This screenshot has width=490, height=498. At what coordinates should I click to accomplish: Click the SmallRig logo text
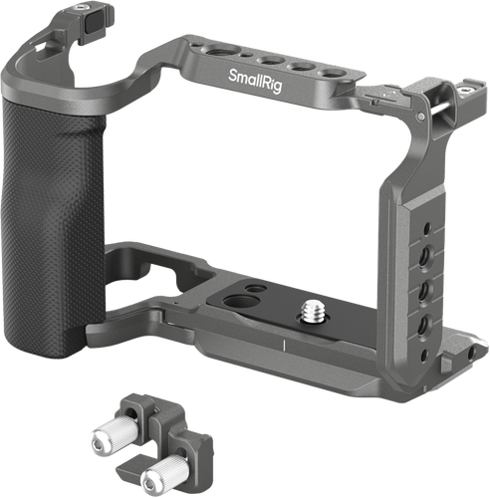click(255, 81)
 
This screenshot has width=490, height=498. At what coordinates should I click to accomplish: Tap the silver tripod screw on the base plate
click(312, 310)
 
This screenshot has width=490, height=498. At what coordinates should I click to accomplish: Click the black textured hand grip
click(53, 231)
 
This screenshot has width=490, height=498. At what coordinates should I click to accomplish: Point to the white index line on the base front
click(284, 346)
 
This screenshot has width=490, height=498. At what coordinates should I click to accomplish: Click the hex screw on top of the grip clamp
click(79, 7)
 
